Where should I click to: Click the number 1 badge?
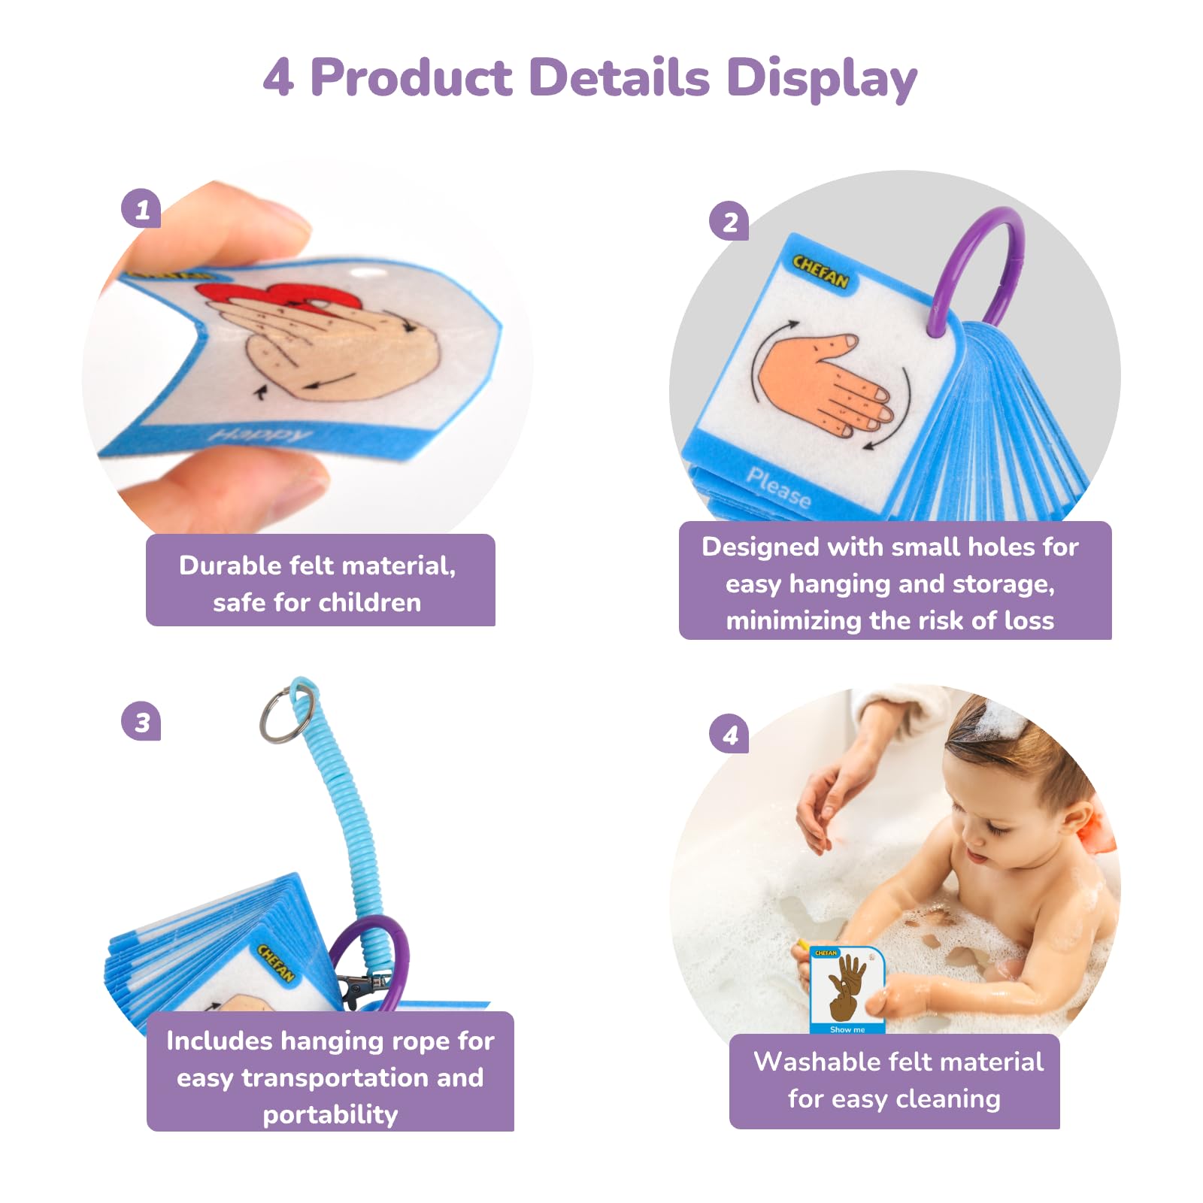coord(141,208)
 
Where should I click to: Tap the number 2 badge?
coord(729,222)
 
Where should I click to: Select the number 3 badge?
coord(141,722)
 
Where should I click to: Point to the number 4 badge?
coord(729,735)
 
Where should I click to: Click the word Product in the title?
coord(411,77)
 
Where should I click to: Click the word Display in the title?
coord(821,79)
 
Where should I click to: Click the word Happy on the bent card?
coord(259,435)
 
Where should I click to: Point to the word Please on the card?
coord(778,486)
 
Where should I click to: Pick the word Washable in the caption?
coord(816,1062)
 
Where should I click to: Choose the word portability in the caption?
coord(330,1114)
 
